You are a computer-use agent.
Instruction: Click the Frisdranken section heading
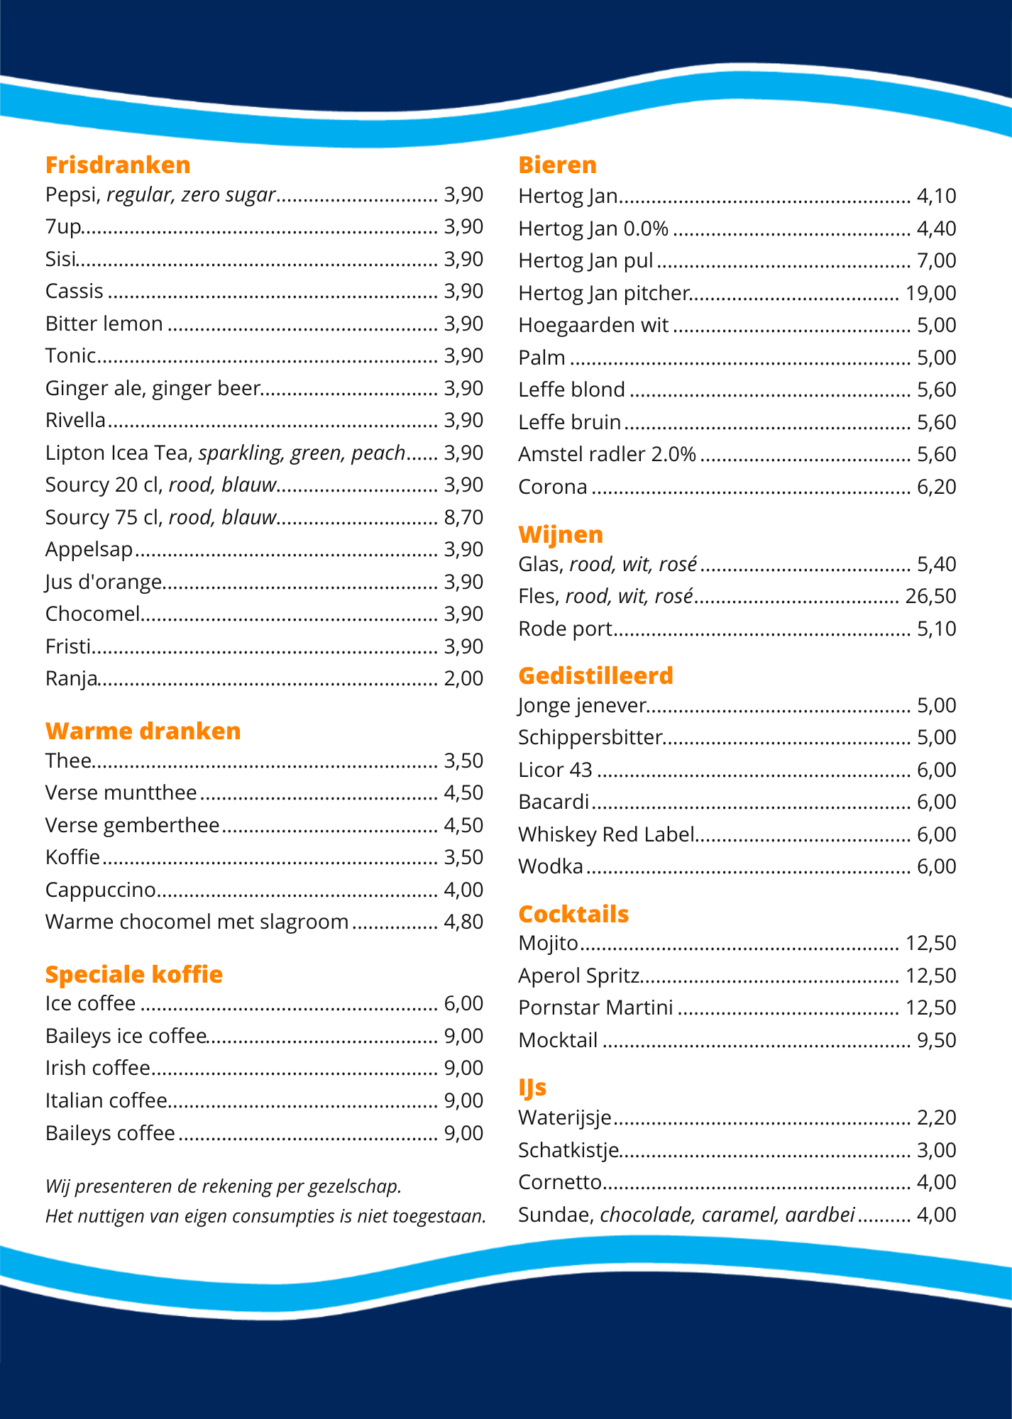tap(118, 165)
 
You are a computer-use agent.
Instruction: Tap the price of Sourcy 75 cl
tap(463, 517)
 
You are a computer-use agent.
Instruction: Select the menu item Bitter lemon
tap(104, 324)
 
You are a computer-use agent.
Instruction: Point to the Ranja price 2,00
tap(463, 678)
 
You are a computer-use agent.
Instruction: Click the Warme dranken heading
tap(143, 731)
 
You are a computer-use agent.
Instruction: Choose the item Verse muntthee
tap(121, 793)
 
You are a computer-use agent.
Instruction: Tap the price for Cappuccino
tap(463, 890)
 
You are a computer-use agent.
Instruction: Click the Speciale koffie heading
tap(133, 974)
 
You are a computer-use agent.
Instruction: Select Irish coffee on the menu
tap(98, 1068)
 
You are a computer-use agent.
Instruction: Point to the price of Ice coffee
tap(463, 1003)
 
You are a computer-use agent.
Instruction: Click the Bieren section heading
tap(557, 165)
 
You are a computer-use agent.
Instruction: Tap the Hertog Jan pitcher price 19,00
tap(930, 293)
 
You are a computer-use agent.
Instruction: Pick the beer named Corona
tap(553, 487)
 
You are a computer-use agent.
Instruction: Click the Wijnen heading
tap(561, 534)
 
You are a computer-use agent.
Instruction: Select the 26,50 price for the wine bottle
tap(930, 596)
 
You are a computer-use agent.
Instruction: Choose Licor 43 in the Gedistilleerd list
tap(555, 770)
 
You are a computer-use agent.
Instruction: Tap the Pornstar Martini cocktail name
tap(595, 1007)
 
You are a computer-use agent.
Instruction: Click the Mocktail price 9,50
tap(937, 1040)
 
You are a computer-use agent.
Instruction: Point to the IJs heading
tap(532, 1087)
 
